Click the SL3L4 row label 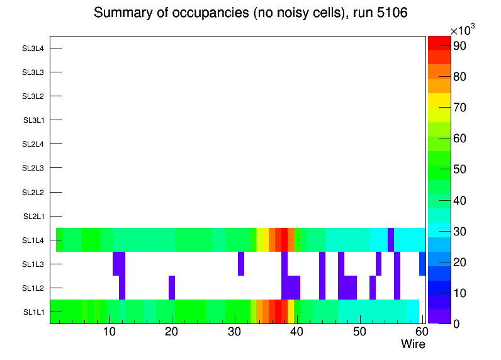click(33, 48)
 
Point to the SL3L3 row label click(33, 72)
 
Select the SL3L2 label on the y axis click(33, 96)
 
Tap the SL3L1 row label click(33, 120)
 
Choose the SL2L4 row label click(33, 144)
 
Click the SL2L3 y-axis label click(33, 168)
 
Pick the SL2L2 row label click(33, 192)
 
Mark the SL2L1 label click(33, 217)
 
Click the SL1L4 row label click(33, 240)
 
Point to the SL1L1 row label click(33, 312)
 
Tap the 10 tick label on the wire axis click(110, 332)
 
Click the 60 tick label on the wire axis click(420, 332)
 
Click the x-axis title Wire click(413, 344)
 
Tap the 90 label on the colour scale click(461, 46)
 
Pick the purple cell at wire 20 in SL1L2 click(172, 288)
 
